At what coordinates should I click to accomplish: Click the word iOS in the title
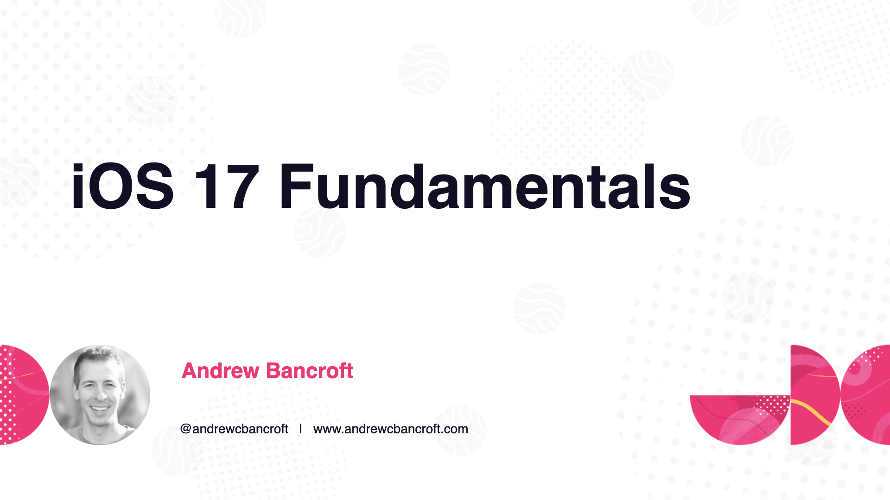pos(123,187)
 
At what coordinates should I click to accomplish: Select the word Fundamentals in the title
pos(485,187)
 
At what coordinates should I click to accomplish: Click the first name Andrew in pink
pos(221,371)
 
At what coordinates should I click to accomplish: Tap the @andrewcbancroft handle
pos(234,429)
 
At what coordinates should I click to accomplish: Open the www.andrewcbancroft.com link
pos(391,429)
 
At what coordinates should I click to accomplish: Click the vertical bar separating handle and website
pos(300,429)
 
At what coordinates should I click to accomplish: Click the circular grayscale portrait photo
pos(100,395)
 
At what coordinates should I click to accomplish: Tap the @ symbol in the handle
pos(185,429)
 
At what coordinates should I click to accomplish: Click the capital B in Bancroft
pos(274,371)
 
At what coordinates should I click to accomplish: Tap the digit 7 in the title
pos(242,187)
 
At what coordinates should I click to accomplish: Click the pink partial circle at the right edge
pos(865,395)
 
